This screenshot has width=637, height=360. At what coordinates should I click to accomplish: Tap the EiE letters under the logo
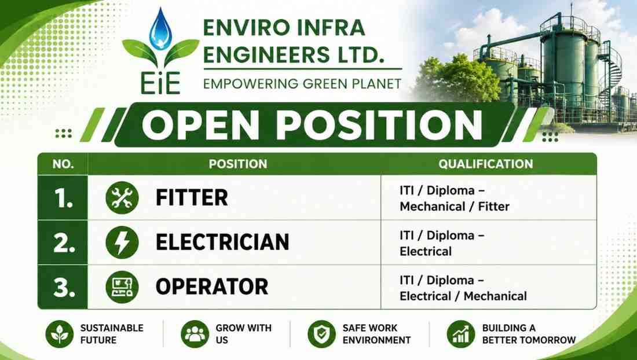point(161,83)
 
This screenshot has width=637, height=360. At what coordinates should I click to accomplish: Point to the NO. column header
point(63,164)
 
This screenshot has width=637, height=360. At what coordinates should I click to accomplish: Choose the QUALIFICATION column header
point(485,164)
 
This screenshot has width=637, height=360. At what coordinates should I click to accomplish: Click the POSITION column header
point(238,164)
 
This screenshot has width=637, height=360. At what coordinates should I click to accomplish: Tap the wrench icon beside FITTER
point(122,198)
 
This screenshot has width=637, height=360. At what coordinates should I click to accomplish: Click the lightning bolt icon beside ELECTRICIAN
point(122,243)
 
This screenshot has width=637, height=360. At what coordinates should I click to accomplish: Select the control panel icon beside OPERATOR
point(122,287)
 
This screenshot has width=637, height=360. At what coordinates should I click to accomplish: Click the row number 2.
point(64,243)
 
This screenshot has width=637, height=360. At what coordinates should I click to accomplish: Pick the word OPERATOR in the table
point(211,286)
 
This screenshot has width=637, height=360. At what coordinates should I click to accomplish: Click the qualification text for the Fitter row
point(454,199)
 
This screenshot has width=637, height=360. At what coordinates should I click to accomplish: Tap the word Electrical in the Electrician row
point(426,251)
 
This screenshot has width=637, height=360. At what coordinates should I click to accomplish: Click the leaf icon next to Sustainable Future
point(59,334)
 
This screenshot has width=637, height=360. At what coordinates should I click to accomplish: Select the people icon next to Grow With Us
point(195,334)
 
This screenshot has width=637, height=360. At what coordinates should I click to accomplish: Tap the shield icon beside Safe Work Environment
point(322,334)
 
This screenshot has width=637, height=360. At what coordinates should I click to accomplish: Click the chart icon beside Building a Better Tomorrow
point(461,334)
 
